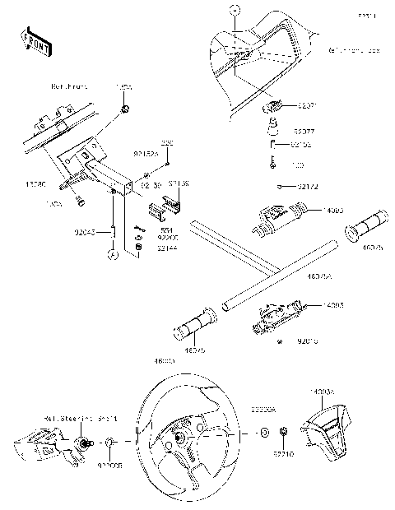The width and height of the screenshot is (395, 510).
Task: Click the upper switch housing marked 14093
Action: point(281,220)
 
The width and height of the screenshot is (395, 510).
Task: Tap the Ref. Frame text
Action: point(68,86)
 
